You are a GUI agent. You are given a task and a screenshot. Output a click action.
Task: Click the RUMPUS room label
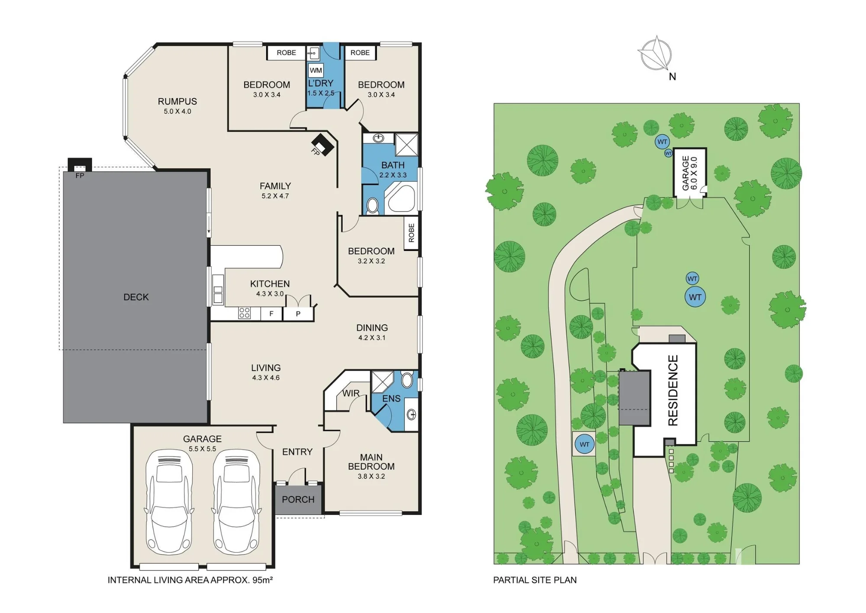[177, 101]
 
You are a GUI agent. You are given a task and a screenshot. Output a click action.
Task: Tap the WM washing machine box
[316, 70]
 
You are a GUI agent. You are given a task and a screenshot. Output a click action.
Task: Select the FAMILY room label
[275, 186]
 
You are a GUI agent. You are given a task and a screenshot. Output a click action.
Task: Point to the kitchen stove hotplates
[245, 313]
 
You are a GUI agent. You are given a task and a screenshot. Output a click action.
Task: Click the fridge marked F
[271, 313]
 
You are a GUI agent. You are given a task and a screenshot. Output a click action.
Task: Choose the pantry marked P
[298, 314]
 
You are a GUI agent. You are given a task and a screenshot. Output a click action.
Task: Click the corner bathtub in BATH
[401, 197]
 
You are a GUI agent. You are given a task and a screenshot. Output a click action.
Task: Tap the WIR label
[351, 393]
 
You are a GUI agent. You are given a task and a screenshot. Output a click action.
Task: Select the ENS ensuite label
[391, 398]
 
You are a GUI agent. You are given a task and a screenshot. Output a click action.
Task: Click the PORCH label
[298, 499]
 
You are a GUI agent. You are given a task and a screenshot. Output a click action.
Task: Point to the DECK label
[136, 297]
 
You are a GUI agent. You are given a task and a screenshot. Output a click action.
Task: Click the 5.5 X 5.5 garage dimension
[202, 449]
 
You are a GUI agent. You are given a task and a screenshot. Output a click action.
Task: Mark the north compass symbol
[656, 54]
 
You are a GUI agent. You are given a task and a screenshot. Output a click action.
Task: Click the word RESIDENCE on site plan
[673, 390]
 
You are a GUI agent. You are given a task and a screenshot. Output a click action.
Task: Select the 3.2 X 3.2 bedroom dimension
[371, 261]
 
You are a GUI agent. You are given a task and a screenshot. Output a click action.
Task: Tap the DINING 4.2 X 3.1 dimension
[372, 338]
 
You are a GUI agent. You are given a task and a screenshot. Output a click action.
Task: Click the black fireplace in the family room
[323, 143]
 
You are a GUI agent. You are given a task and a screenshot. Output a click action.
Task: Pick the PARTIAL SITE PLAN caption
[535, 580]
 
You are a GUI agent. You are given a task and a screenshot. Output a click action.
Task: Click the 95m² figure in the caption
[262, 580]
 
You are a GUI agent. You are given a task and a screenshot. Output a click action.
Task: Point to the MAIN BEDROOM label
[371, 462]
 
